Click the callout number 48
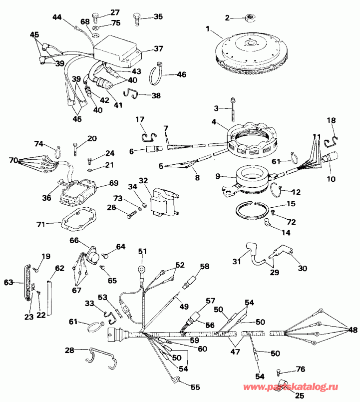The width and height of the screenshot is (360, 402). (352, 330)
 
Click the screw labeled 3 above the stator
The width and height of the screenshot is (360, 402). (234, 111)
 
